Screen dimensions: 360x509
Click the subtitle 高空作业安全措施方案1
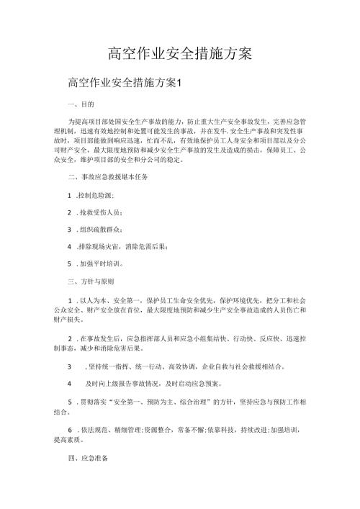tap(126, 83)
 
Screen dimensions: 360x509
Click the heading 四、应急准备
tap(85, 456)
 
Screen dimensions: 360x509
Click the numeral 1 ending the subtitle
tap(184, 83)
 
